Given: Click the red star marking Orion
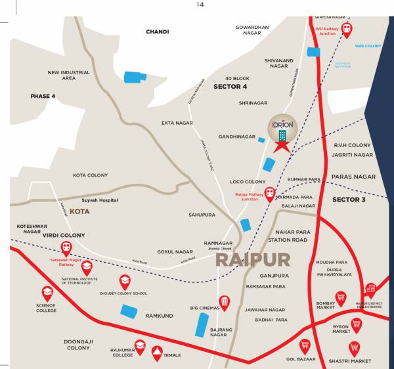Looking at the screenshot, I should pyautogui.click(x=281, y=146).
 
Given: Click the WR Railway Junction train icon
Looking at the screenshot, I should pyautogui.click(x=345, y=28).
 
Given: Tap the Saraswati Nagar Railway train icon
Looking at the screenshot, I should pyautogui.click(x=66, y=248).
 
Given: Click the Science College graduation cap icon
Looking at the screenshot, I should pyautogui.click(x=47, y=292).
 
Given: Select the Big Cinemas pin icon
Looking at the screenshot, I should pyautogui.click(x=224, y=301).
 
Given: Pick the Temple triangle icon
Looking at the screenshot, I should pyautogui.click(x=156, y=353).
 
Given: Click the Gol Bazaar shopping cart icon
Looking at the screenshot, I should pyautogui.click(x=305, y=345).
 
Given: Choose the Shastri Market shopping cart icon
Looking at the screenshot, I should pyautogui.click(x=354, y=347).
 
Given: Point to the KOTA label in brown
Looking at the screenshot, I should pyautogui.click(x=79, y=212).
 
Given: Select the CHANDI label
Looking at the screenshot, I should pyautogui.click(x=157, y=32).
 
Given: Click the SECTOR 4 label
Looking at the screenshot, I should pyautogui.click(x=230, y=86).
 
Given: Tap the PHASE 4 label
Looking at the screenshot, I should pyautogui.click(x=43, y=96).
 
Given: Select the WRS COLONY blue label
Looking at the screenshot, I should pyautogui.click(x=368, y=47).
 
